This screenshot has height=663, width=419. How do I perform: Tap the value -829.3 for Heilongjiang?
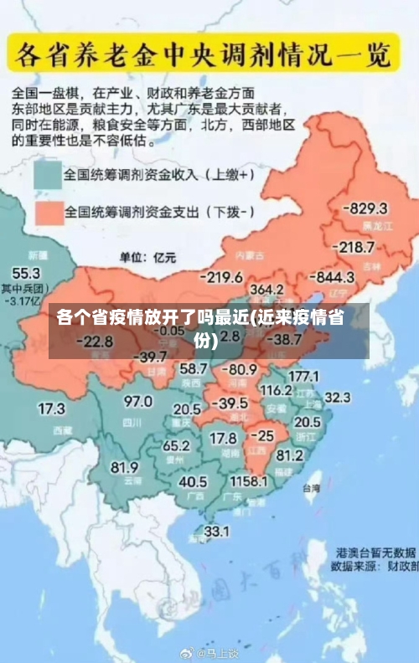point(368,208)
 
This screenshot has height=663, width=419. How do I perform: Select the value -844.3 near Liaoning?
point(334,277)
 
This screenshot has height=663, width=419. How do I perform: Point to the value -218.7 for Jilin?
point(354,247)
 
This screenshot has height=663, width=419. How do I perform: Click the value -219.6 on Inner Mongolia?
point(221,277)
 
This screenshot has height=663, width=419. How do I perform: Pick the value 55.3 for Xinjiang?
point(25,273)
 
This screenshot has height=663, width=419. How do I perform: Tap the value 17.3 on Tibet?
point(52,409)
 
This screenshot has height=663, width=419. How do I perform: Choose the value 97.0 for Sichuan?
point(138,401)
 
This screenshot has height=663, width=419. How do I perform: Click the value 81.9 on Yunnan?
point(125,467)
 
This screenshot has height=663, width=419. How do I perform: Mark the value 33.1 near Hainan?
point(217,531)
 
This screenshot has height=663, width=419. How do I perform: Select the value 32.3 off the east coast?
point(337,397)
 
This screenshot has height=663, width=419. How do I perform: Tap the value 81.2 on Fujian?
point(289,455)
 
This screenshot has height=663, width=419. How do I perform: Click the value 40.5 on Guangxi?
point(193,481)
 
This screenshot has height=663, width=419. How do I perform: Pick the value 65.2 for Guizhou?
point(176,445)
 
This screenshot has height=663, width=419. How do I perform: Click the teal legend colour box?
point(47,176)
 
